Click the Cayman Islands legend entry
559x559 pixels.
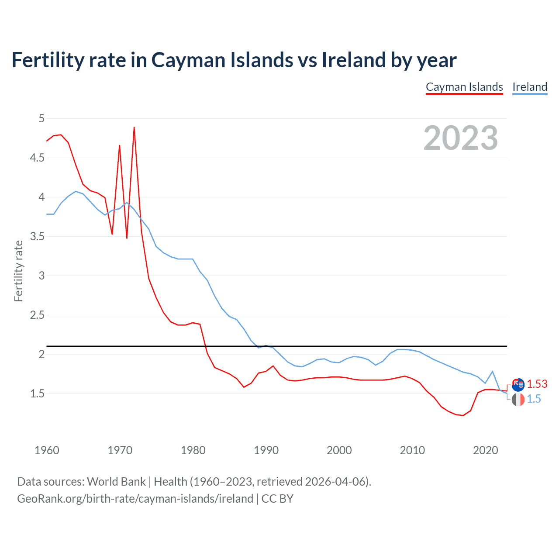click(464, 87)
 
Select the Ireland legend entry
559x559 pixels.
click(530, 87)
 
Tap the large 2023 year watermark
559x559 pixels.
click(461, 138)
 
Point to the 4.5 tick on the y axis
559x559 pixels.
click(37, 158)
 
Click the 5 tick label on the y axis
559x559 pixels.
click(41, 118)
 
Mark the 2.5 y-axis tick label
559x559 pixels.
click(37, 315)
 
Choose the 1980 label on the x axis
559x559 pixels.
click(193, 450)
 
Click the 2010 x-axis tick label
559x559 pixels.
click(412, 450)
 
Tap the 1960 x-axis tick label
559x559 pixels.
click(47, 450)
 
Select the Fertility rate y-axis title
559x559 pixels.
click(18, 271)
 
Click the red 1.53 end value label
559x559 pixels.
click(537, 384)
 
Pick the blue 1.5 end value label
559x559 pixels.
click(534, 399)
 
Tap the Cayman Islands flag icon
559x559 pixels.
click(518, 385)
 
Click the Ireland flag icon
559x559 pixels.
click(518, 399)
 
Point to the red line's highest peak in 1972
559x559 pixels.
click(134, 128)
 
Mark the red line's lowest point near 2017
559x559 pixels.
click(463, 415)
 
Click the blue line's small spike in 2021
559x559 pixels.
click(492, 372)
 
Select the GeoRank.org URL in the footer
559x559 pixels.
click(135, 499)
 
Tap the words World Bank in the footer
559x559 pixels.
click(116, 482)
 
